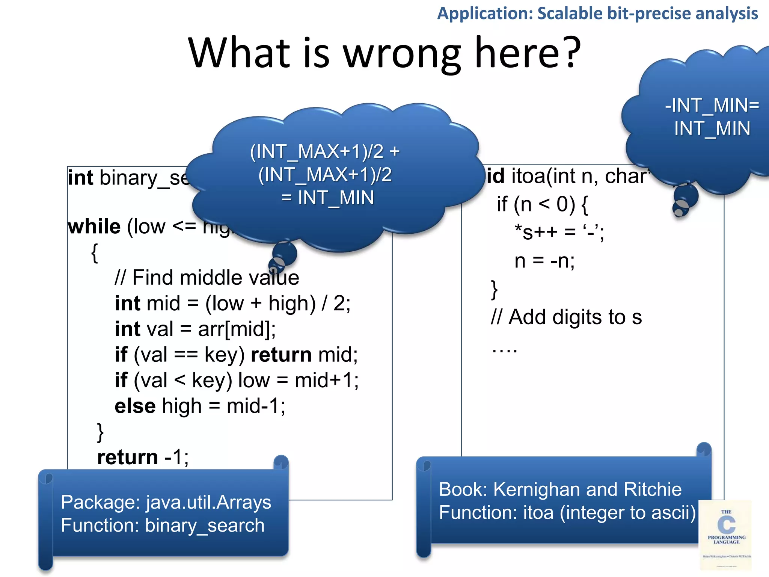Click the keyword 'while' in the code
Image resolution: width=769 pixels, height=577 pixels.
94,227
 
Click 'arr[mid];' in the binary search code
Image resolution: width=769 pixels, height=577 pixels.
237,329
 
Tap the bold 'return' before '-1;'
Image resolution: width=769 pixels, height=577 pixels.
128,457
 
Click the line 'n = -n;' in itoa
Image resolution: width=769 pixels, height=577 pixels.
544,261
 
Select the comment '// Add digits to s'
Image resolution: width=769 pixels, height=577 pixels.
566,317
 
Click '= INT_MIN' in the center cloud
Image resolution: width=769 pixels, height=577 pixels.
327,198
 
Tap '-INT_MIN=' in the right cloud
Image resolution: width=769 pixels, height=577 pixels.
712,106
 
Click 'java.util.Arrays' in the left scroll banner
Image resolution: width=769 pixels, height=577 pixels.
208,502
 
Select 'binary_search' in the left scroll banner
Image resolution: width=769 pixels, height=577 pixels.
205,526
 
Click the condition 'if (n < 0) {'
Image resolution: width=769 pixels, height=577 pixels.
542,204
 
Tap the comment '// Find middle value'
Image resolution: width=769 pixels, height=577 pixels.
207,278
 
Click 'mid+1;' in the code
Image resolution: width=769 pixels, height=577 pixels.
326,381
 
